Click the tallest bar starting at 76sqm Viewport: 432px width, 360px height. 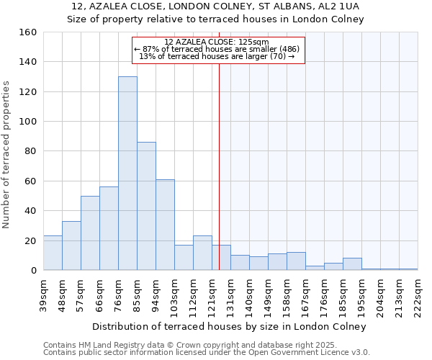(127, 174)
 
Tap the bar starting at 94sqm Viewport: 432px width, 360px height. (165, 225)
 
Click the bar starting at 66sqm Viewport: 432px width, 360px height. (109, 228)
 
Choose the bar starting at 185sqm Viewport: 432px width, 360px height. (352, 264)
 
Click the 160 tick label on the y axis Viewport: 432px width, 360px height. (27, 32)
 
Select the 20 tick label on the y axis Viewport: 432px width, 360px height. (30, 240)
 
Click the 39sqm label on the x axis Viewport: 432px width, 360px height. (43, 294)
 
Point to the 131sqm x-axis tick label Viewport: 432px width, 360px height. (230, 294)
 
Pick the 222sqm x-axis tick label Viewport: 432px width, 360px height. (418, 294)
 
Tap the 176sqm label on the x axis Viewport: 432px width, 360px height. (324, 294)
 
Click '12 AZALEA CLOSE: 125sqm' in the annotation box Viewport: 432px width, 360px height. (216, 42)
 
